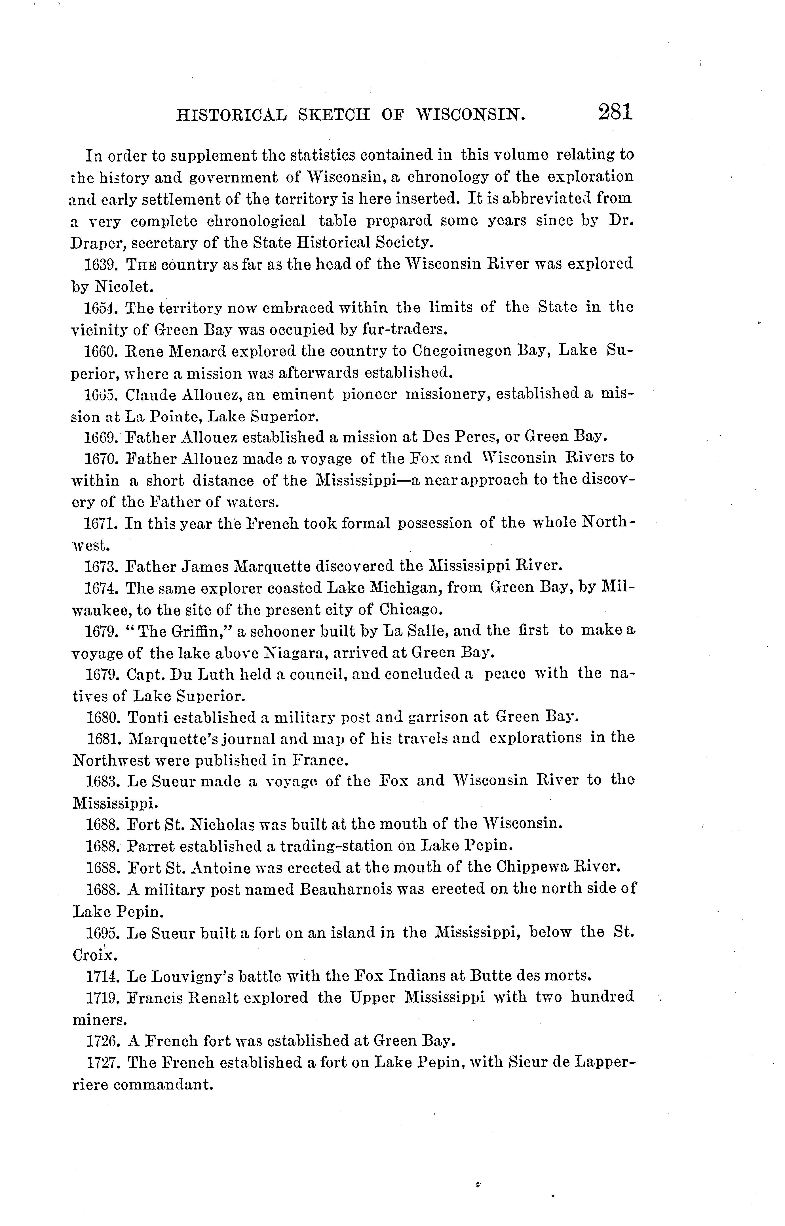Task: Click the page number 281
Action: (616, 112)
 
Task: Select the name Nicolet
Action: (123, 287)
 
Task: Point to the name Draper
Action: (97, 242)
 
